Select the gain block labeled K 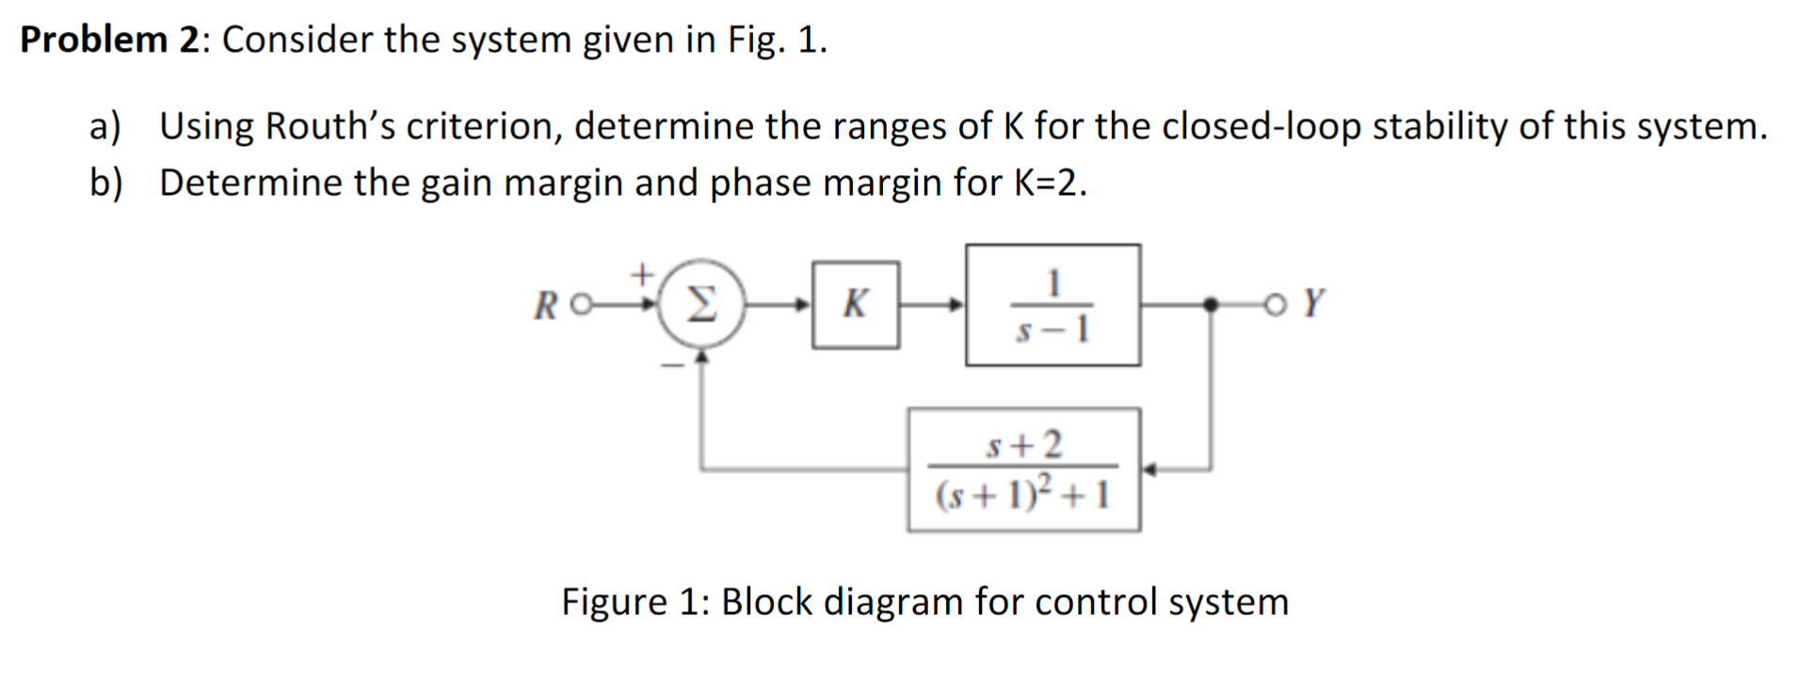tap(855, 304)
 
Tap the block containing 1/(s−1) tap(1052, 304)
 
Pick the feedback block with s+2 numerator tap(1023, 468)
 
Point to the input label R tap(544, 306)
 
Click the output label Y tap(1315, 303)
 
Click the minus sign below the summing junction tap(672, 366)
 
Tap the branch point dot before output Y tap(1212, 304)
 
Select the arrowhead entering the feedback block tap(1149, 468)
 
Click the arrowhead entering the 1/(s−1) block tap(956, 304)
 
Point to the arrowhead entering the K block tap(803, 304)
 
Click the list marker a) tap(105, 126)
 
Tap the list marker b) tap(105, 183)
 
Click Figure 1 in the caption tap(632, 601)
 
